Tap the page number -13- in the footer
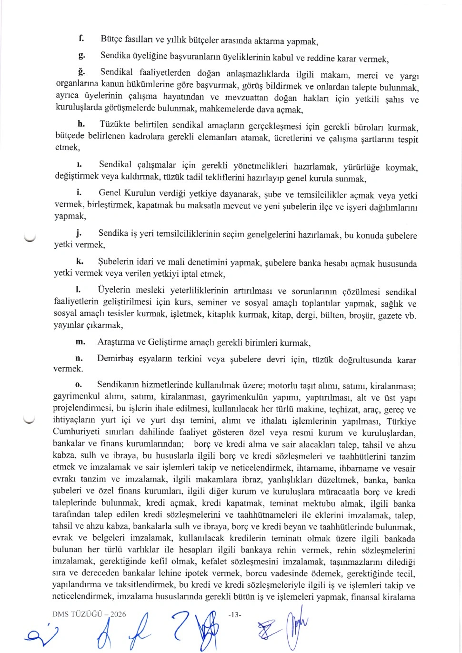[235, 614]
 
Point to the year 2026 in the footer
[118, 614]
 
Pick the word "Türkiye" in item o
[401, 422]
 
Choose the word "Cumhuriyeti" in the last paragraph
[76, 432]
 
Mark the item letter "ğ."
[81, 72]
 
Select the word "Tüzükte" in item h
[114, 124]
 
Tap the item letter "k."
[80, 261]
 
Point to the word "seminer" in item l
[212, 302]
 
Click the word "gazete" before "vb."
[389, 315]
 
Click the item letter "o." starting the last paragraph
[79, 384]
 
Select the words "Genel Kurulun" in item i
[127, 193]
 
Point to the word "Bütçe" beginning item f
[110, 39]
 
